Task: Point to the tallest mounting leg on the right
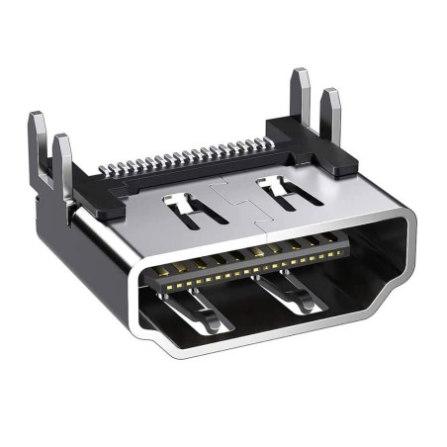301,99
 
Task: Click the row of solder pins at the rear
188,157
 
